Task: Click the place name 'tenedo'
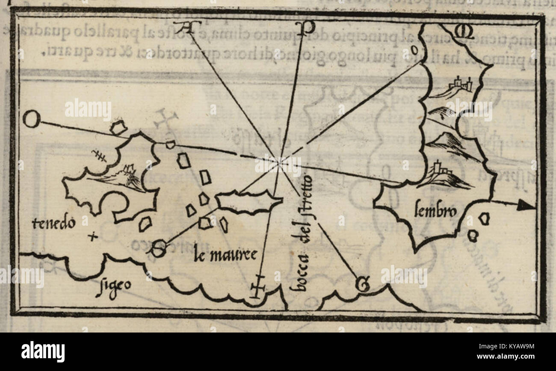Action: [x=54, y=223]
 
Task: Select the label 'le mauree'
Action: [x=225, y=255]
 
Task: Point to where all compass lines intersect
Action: [x=279, y=162]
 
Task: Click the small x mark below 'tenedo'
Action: [x=92, y=236]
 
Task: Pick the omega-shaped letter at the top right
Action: [x=464, y=32]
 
